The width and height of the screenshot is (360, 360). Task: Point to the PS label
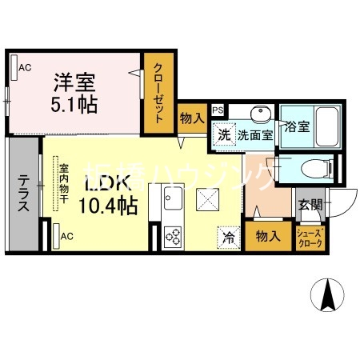point(218,111)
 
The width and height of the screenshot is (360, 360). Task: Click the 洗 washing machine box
point(224,134)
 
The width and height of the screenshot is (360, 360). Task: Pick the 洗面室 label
point(255,135)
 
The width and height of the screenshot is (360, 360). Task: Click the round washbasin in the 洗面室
point(260,114)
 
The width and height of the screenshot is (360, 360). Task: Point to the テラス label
point(22,192)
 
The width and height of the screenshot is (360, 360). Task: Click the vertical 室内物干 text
point(63,184)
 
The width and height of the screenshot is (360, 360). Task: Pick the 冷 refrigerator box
point(227,237)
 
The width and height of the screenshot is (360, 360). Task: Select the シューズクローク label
point(310,238)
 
